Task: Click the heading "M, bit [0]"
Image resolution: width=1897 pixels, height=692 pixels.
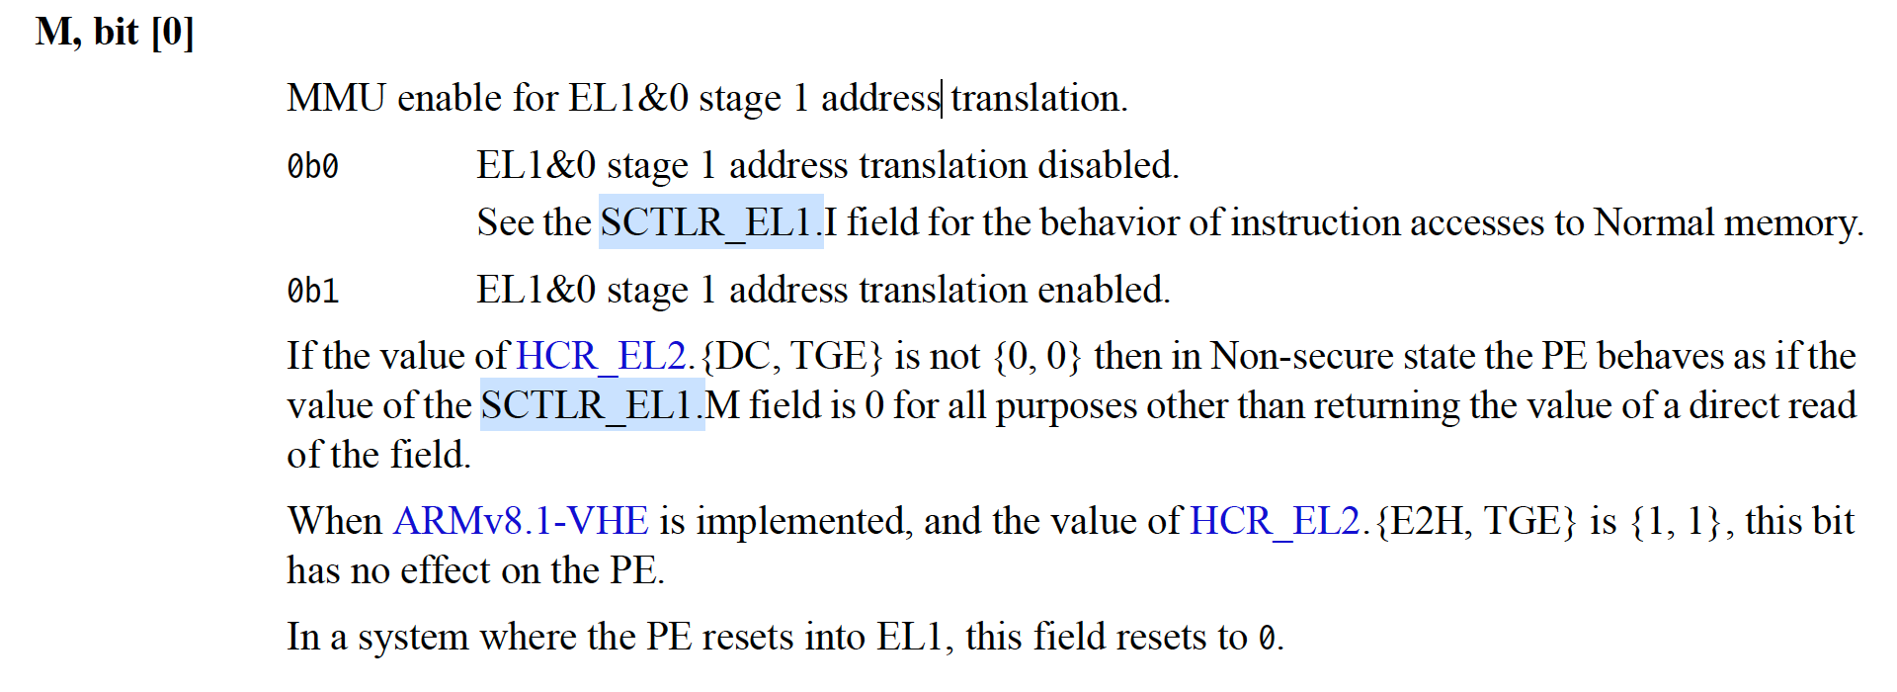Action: coord(115,33)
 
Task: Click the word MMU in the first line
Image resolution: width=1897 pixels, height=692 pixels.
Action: coord(336,99)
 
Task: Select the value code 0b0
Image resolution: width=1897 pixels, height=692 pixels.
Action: coord(313,167)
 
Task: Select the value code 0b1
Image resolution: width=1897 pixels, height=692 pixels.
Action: coord(313,292)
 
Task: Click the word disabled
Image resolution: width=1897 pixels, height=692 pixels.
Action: coord(1108,166)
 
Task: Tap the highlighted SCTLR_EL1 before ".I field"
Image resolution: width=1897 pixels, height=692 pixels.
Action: coord(710,222)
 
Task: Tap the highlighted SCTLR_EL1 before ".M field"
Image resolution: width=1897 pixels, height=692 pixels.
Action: coord(592,405)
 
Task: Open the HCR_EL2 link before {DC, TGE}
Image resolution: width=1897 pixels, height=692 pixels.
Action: coord(601,356)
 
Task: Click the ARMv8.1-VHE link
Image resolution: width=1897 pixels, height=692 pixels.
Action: coord(521,521)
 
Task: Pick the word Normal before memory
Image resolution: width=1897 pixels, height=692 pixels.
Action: coord(1654,222)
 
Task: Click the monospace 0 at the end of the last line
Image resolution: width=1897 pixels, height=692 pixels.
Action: coord(1267,639)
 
